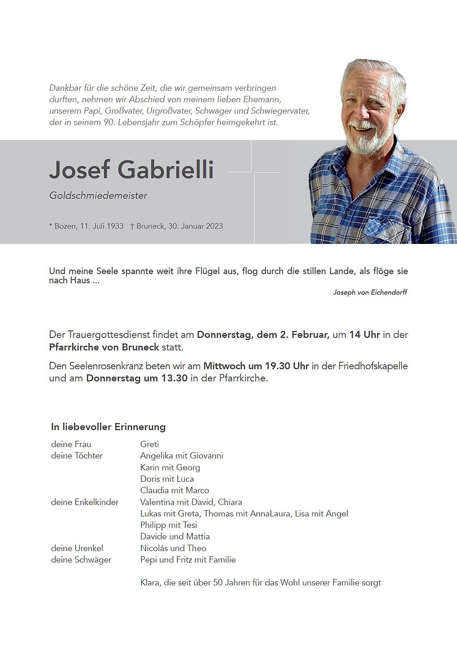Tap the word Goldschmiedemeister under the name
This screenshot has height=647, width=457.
click(x=98, y=196)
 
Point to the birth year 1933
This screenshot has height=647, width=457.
click(x=115, y=226)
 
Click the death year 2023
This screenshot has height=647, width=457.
click(x=214, y=226)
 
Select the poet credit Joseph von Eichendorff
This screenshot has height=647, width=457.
click(x=370, y=292)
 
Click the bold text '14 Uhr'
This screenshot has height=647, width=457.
click(x=364, y=335)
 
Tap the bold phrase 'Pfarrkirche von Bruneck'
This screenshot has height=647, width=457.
click(x=104, y=347)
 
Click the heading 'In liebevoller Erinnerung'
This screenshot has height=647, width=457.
click(x=108, y=427)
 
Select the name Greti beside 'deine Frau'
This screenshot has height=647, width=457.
click(x=149, y=444)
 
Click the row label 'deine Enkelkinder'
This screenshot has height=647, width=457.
click(x=85, y=502)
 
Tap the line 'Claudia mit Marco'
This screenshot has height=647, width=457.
click(x=175, y=490)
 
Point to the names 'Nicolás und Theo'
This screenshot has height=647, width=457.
click(x=173, y=548)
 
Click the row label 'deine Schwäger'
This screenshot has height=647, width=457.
click(x=81, y=559)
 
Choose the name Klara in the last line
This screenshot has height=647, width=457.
click(x=149, y=582)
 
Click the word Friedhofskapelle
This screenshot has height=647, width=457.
click(x=373, y=366)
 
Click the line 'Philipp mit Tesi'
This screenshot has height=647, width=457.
click(x=168, y=525)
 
